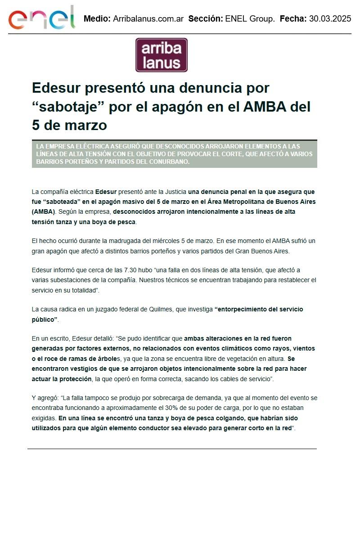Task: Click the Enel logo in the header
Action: [x=41, y=18]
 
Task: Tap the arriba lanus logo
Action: [x=162, y=55]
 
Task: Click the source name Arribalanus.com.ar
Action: [x=148, y=19]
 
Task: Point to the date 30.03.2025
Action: [x=330, y=19]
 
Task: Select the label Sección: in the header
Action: [x=205, y=19]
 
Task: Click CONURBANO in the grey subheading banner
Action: [x=165, y=162]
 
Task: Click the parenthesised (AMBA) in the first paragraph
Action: [x=43, y=211]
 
